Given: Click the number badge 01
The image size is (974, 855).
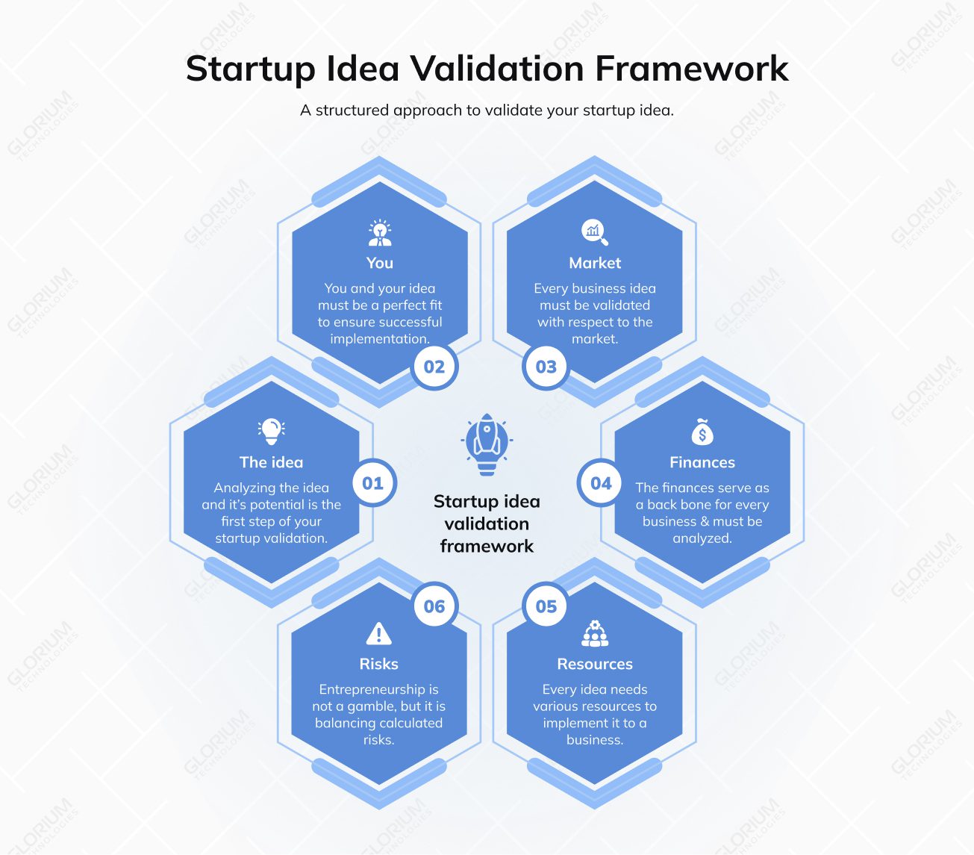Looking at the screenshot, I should coord(372,483).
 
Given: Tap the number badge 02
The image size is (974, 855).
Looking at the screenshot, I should coord(434,367).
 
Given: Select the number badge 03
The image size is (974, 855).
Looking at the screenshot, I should coord(546,367).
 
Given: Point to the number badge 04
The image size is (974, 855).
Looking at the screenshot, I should coord(601,483).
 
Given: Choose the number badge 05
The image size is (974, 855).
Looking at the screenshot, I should coord(546,606).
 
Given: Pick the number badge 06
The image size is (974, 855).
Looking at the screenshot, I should coord(434,606).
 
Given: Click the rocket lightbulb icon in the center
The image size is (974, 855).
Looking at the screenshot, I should coord(487,444).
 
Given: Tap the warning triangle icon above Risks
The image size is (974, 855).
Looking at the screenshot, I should coord(379,634).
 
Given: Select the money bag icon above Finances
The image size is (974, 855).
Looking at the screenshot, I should coord(702,432).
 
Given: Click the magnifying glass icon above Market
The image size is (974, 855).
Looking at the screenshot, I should coord(595,232).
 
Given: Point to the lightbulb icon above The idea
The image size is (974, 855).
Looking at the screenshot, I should coord(272,430).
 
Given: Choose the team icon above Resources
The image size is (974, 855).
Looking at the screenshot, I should coord(595,633).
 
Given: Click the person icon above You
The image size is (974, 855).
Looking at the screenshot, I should coord(380,233).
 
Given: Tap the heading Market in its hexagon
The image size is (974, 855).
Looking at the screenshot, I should coord(595,263).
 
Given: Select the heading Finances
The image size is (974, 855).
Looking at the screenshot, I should coord(702,462).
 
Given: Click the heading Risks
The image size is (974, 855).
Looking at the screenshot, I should coord(379,664).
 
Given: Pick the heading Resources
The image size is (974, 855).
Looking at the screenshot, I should coord(595,664).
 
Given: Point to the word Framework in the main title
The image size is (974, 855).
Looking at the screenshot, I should coord(691,69).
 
